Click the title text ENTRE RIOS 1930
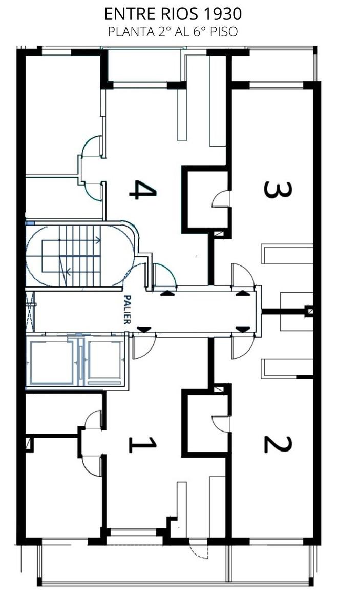tap(173, 14)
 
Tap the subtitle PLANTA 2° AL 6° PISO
tap(173, 32)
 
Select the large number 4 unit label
tap(143, 190)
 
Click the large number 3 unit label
tap(278, 190)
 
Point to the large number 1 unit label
tap(143, 445)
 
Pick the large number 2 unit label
tap(278, 445)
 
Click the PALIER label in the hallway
tap(127, 310)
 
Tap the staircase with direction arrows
tap(80, 256)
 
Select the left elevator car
tap(52, 362)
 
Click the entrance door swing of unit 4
tap(164, 275)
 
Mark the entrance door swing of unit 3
tap(243, 275)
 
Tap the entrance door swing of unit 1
tap(144, 348)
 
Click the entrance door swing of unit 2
tap(243, 348)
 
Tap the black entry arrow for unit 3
tap(243, 293)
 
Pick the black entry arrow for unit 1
tap(144, 329)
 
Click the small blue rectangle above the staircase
tap(30, 223)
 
